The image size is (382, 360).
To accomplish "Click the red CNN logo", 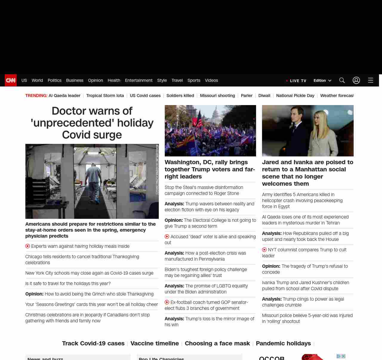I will (x=11, y=80).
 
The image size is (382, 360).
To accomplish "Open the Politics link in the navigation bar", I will (x=54, y=80).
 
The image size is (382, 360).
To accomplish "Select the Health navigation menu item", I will (x=114, y=80).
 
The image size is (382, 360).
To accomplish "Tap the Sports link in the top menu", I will (x=194, y=80).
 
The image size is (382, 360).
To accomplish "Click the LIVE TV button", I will (x=296, y=81).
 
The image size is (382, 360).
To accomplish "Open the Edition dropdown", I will (x=322, y=81).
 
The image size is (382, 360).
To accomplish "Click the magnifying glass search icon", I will (x=342, y=80).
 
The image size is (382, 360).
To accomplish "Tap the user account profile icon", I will (x=356, y=80).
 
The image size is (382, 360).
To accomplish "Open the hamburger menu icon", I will (x=371, y=80).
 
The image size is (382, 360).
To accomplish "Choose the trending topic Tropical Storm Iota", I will (x=105, y=96).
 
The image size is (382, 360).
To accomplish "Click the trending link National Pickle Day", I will (x=295, y=96).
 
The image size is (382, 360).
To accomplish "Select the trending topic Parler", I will (x=247, y=96).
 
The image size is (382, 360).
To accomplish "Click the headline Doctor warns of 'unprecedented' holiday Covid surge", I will (x=92, y=123).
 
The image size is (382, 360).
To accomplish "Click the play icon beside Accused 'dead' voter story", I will (x=167, y=236).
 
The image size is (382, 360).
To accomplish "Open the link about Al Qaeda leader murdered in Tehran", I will (x=305, y=220).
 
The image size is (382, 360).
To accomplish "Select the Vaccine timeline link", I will (x=155, y=343).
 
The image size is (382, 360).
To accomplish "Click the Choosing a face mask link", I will (x=217, y=343).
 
